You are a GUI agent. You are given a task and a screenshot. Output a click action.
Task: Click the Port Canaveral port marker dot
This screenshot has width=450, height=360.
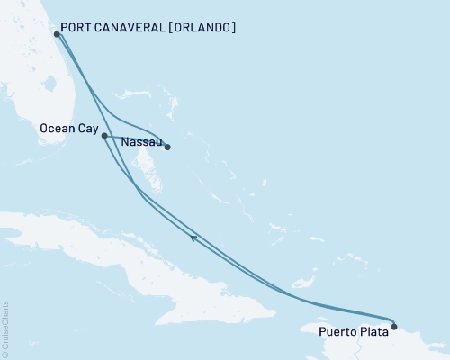coord(58,34)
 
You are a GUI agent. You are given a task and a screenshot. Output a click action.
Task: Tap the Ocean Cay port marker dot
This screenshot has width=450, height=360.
coord(105,136)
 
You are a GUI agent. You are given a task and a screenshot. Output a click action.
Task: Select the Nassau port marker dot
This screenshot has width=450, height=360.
coord(167,147)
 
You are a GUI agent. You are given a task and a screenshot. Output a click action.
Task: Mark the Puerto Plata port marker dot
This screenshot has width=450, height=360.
coord(394,326)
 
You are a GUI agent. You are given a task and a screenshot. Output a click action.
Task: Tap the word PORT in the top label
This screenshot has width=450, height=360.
coord(78,28)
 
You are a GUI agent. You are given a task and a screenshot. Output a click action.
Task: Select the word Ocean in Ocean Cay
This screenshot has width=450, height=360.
coord(58,130)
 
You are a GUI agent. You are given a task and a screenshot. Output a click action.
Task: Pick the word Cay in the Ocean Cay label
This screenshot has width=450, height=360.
coord(88,130)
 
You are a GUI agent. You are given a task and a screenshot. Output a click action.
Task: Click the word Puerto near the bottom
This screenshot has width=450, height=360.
coord(338,331)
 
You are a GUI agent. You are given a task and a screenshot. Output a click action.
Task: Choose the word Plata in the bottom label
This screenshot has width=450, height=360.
coord(374,331)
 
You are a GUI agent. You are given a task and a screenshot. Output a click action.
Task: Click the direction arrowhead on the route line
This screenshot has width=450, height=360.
coord(193,238)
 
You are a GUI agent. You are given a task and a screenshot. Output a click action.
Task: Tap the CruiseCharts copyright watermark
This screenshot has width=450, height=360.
coord(5,328)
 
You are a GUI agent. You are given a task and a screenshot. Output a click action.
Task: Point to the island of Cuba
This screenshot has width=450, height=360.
coord(135,261)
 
